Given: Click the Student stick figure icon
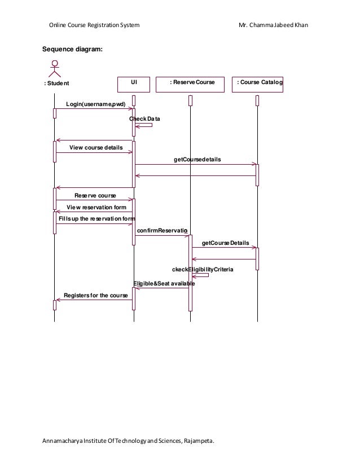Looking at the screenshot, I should [x=55, y=68].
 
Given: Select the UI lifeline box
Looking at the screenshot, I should [x=134, y=83].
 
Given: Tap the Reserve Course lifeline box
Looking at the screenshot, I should [x=190, y=83].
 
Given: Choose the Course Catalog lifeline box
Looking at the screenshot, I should [x=258, y=83].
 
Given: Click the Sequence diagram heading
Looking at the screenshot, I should [x=73, y=49].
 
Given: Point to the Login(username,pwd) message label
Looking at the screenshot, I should [x=95, y=104].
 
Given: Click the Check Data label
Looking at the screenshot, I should [x=144, y=119].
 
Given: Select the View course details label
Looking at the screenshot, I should [x=96, y=148].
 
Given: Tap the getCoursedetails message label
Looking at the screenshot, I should [x=197, y=160].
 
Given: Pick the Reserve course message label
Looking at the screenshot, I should [x=95, y=195].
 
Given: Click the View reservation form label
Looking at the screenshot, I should [x=96, y=207].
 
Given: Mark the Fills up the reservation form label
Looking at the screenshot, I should [x=97, y=219].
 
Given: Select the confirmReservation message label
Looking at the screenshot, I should [x=162, y=230].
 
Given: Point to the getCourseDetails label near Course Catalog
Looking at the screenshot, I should [x=225, y=243].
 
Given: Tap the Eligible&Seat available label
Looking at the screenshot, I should [x=164, y=283].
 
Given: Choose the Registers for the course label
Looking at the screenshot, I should [x=95, y=295].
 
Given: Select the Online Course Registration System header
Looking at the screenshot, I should [x=94, y=25].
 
